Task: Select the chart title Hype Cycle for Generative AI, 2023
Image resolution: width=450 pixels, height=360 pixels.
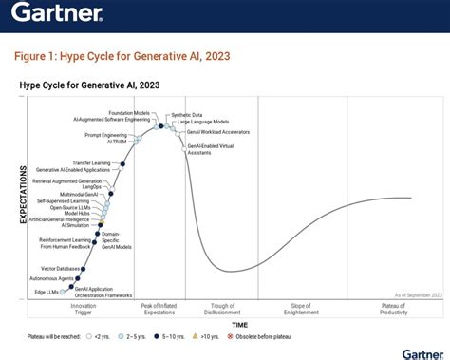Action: pos(89,85)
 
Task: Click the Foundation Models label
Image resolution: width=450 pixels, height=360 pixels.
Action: pos(127,112)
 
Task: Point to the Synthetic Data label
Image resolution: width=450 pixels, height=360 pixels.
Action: pos(186,115)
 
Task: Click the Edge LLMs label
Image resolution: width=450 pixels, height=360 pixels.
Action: pos(47,292)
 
